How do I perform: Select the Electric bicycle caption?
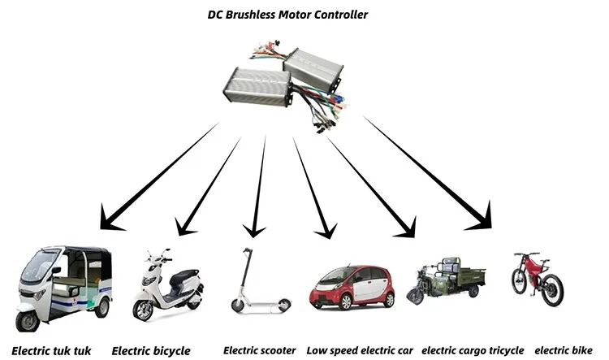151,351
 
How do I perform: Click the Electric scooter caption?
259,350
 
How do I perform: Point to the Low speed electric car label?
360,350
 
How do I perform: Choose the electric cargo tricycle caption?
473,350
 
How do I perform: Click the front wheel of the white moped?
144,310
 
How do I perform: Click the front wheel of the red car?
330,302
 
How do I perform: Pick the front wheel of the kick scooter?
237,306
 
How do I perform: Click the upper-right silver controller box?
316,68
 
